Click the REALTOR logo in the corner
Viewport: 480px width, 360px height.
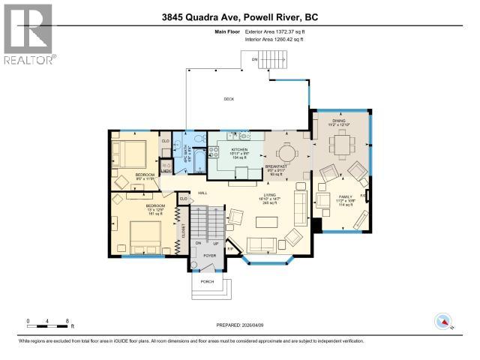click(x=28, y=34)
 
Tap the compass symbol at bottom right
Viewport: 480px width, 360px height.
click(x=444, y=322)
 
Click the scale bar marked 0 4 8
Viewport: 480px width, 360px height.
click(x=48, y=322)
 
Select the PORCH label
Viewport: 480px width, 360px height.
click(x=207, y=281)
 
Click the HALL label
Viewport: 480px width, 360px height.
click(x=202, y=193)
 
